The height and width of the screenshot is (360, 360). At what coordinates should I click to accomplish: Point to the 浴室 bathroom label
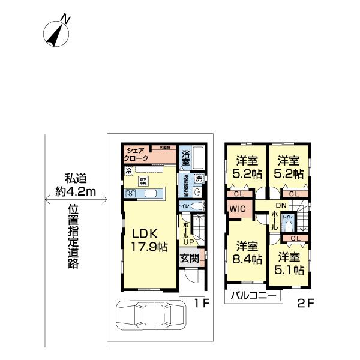[185, 157]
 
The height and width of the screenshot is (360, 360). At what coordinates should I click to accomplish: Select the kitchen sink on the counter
[151, 193]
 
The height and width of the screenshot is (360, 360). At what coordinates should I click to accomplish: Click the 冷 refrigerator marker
[128, 171]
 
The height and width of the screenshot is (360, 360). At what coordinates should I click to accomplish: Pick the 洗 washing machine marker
[199, 178]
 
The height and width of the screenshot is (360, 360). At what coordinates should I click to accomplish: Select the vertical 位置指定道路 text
[73, 238]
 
